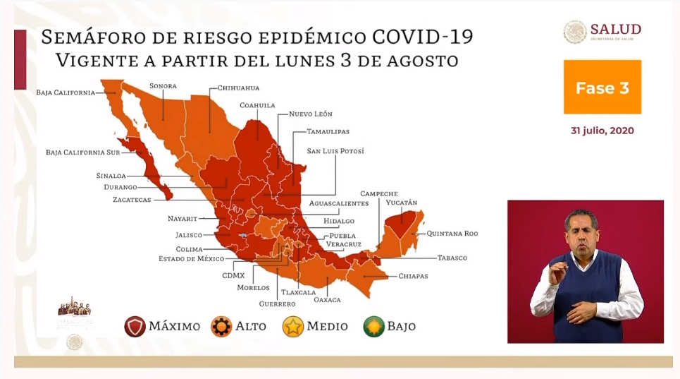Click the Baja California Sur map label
point(80,152)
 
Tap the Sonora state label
point(162,86)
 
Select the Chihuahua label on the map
point(238,88)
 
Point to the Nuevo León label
point(310,114)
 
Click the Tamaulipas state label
point(328,132)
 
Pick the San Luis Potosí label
point(335,151)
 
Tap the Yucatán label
point(401,203)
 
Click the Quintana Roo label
point(452,233)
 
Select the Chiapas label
point(413,276)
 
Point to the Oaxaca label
point(327,300)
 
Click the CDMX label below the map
point(233,275)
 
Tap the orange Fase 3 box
point(602,88)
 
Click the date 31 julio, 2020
point(602,131)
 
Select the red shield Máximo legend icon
point(135,326)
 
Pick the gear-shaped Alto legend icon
point(223,326)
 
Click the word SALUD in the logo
point(615,29)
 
